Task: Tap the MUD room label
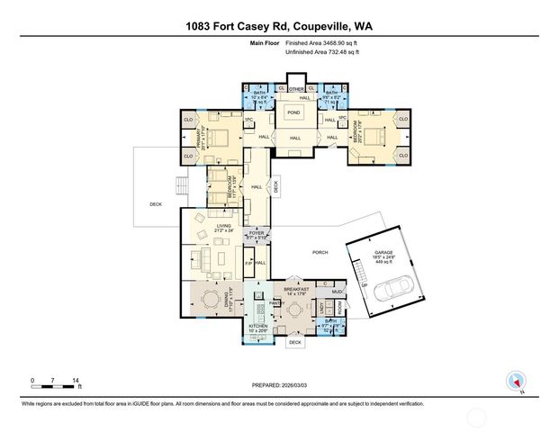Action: point(337,292)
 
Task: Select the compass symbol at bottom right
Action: point(516,380)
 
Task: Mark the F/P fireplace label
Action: point(249,263)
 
